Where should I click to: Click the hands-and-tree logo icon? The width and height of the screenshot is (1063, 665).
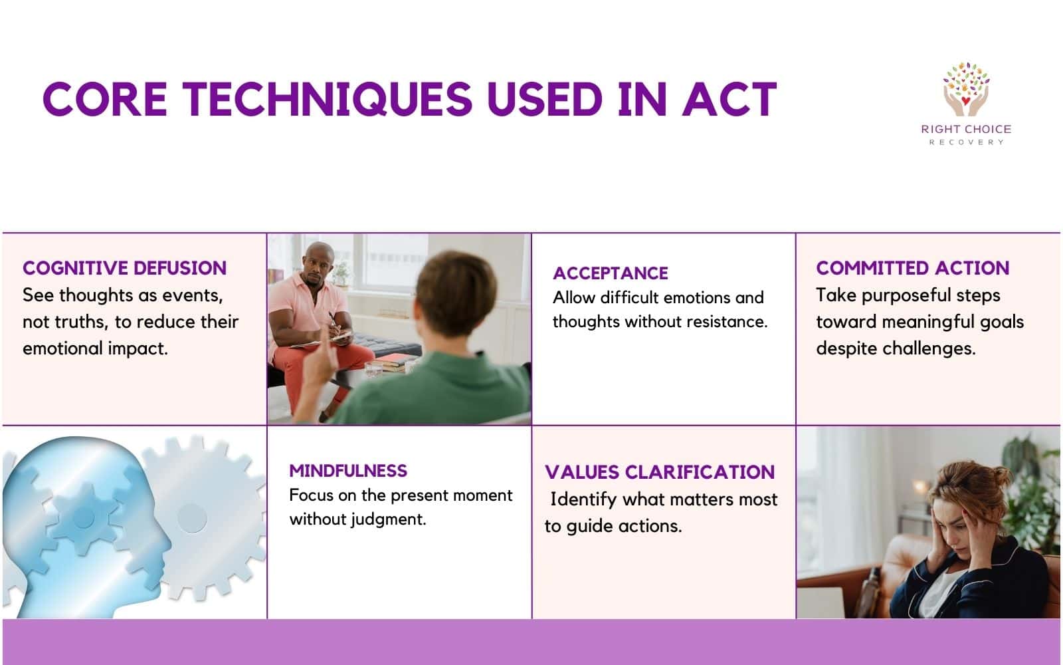[x=966, y=90]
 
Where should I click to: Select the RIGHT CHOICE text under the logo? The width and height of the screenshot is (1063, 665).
[x=966, y=129]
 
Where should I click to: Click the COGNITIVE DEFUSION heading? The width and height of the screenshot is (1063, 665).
[x=124, y=268]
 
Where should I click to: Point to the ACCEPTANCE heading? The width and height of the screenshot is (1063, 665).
[x=610, y=273]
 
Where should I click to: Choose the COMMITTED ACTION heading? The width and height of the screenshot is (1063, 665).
[x=912, y=268]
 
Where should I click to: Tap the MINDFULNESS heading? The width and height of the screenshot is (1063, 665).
[x=347, y=471]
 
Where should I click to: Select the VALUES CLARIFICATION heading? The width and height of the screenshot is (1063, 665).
[x=659, y=472]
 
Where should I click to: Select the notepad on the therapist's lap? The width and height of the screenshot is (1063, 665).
[x=326, y=342]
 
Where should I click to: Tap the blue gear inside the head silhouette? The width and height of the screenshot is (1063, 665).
[x=84, y=518]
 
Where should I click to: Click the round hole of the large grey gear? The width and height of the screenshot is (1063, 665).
[x=191, y=518]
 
